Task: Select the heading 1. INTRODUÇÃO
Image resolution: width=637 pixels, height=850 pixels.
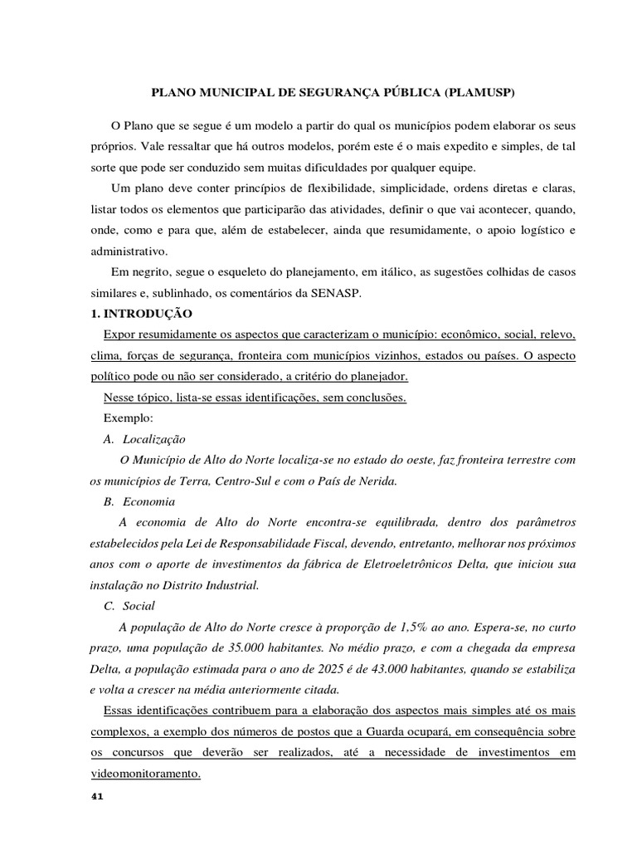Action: pyautogui.click(x=141, y=315)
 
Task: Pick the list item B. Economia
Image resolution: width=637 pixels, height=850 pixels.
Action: pyautogui.click(x=139, y=501)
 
